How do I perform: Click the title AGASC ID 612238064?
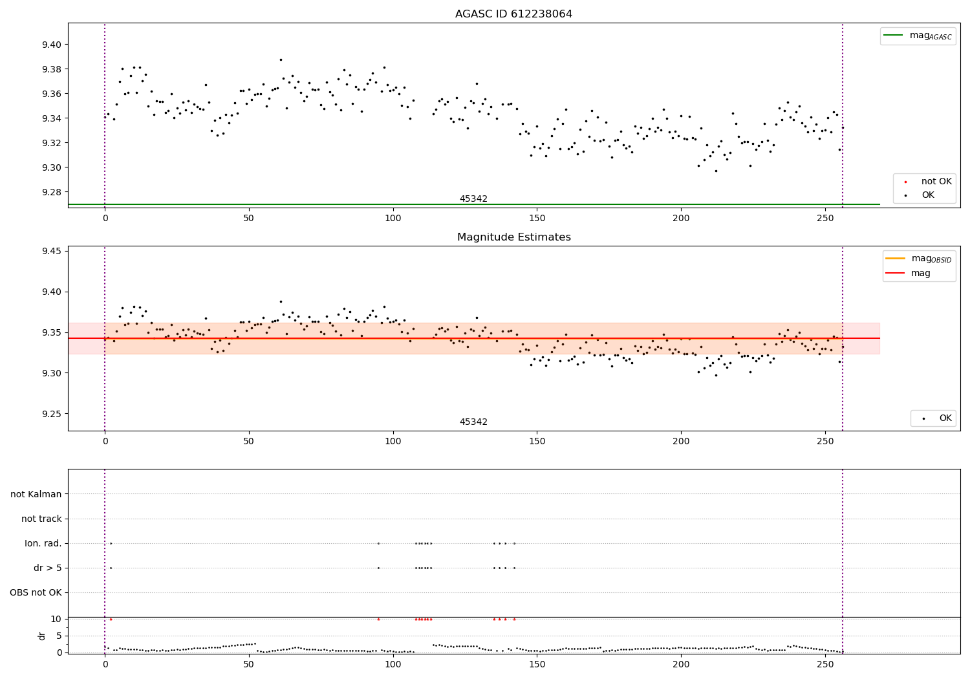pos(513,14)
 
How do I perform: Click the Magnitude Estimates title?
pos(513,237)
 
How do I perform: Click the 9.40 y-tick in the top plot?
pos(53,45)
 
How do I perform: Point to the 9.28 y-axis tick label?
pos(53,192)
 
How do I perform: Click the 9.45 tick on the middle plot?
pos(53,251)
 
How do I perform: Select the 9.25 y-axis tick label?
pos(53,414)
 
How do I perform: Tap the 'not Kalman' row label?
pos(36,495)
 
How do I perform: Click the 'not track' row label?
pos(41,519)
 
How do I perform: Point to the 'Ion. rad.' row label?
pos(43,544)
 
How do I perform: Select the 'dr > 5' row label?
pos(48,568)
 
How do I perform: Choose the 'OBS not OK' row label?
pos(36,593)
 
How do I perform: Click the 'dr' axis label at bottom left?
pos(42,636)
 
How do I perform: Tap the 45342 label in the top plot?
pos(473,199)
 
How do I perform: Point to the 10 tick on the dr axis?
pos(56,619)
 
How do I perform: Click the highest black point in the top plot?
pos(281,59)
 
